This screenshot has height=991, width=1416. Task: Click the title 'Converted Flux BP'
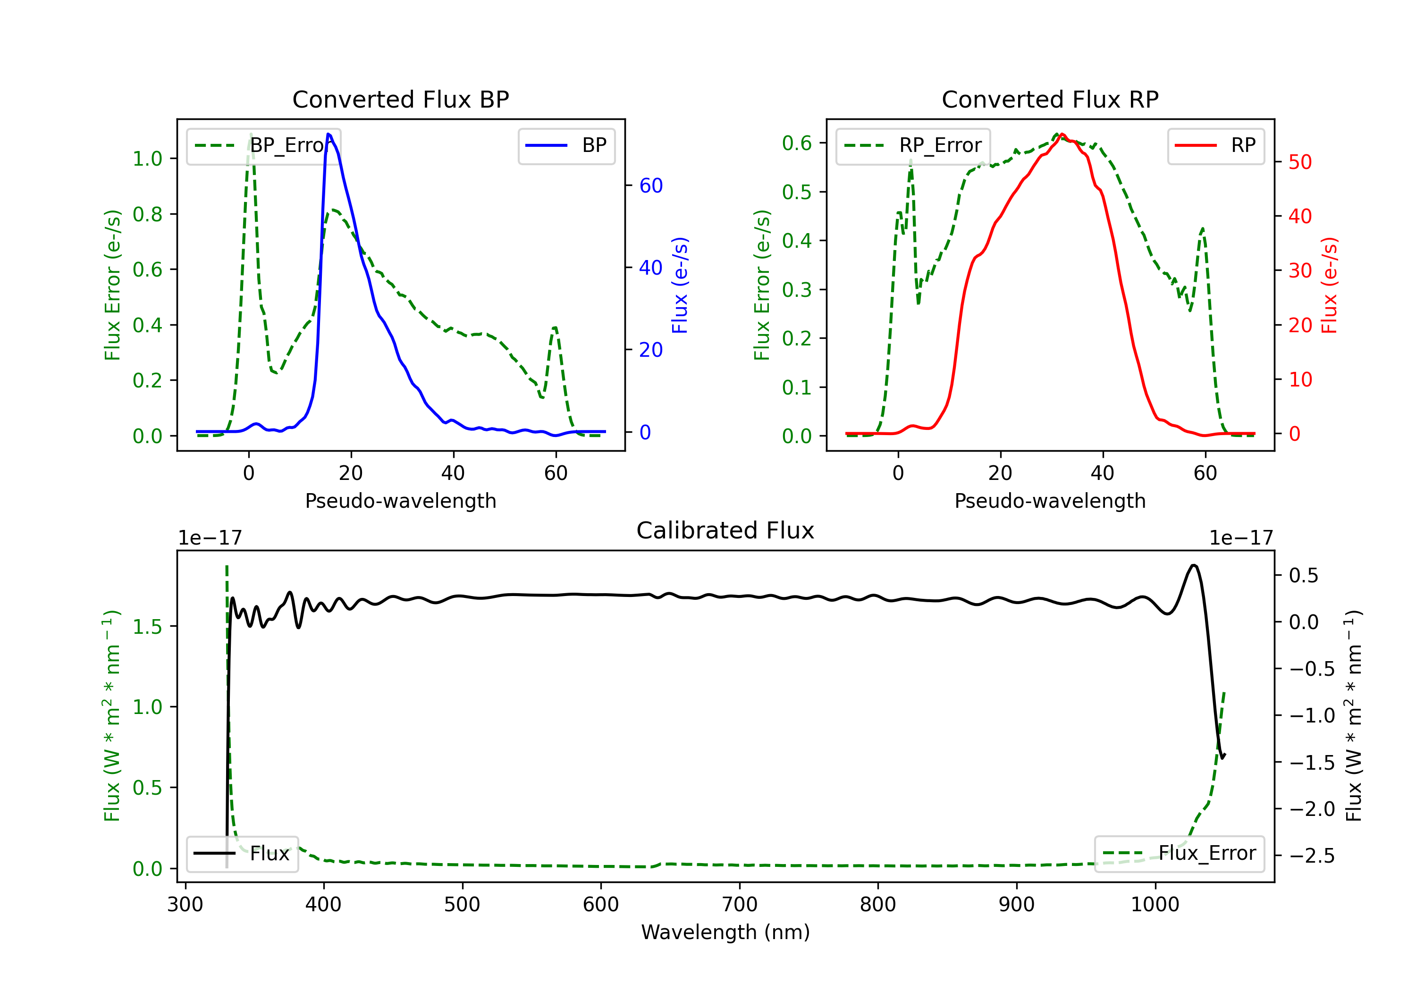point(400,99)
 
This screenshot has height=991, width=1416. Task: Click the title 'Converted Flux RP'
point(1050,99)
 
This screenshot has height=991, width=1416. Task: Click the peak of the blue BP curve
point(329,134)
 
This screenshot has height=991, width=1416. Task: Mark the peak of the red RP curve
point(1062,134)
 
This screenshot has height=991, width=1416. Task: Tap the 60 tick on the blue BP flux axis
point(650,185)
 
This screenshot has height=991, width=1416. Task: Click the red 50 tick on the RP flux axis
point(1300,162)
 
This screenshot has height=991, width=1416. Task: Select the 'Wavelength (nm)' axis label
point(725,932)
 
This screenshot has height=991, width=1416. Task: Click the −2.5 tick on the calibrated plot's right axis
point(1312,856)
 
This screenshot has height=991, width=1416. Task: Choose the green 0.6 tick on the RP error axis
point(797,143)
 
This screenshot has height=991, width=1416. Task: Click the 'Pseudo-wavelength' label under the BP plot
point(400,501)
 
